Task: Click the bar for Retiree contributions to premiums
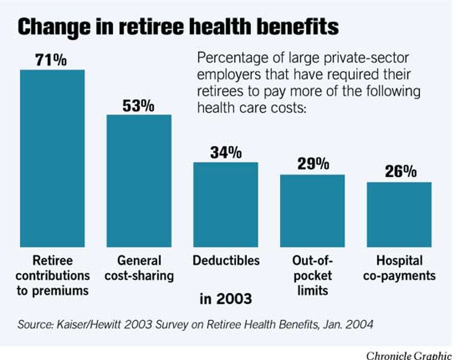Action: coord(52,159)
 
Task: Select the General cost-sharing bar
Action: coord(139,181)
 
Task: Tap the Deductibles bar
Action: coord(225,205)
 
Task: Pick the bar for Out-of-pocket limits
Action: coord(312,211)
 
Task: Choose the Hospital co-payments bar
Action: coord(399,214)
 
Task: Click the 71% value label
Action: coord(51,60)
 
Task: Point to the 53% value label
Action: coord(138,106)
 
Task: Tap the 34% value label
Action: coord(225,153)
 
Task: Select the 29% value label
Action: coord(313,164)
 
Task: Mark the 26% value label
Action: coord(401,172)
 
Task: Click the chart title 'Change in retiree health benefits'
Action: coord(178,27)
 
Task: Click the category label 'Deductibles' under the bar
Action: coord(226,261)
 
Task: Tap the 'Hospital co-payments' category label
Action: coord(399,268)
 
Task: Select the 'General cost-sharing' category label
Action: coord(139,268)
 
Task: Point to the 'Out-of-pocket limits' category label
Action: coord(312,275)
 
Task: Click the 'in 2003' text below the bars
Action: coord(226,299)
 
